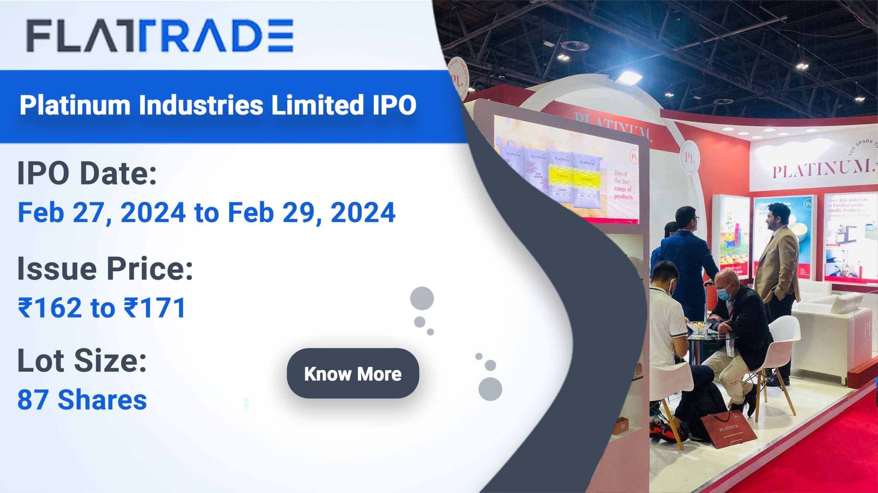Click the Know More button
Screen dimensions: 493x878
(353, 373)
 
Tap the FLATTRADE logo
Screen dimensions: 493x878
(160, 36)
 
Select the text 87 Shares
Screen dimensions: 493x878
(82, 400)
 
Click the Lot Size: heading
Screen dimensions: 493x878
(82, 361)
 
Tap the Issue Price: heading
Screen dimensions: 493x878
(105, 268)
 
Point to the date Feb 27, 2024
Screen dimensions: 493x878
(102, 213)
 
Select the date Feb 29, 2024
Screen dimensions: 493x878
(311, 213)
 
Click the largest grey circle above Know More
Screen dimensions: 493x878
(422, 298)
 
